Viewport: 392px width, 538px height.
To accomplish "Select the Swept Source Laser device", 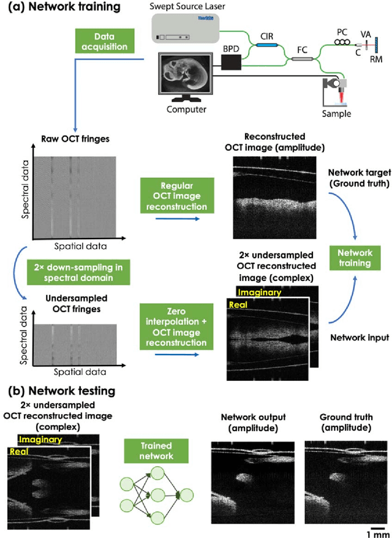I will [x=189, y=29].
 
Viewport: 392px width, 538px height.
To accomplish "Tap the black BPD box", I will [x=231, y=62].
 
